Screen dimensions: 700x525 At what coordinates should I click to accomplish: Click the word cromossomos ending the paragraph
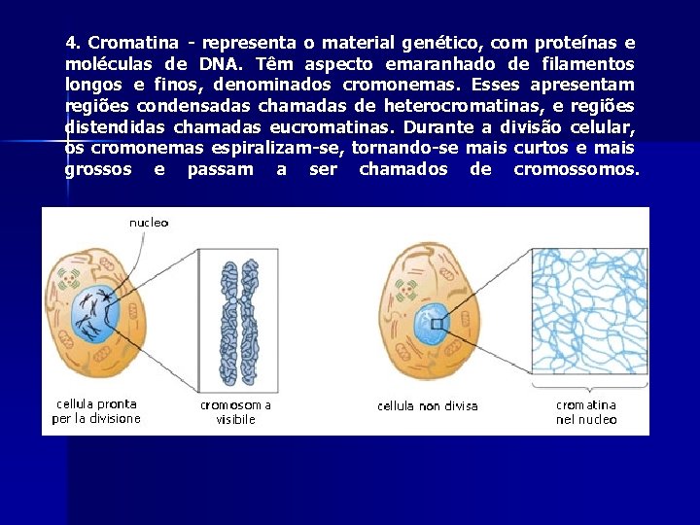577,170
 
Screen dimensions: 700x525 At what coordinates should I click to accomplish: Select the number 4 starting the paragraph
71,43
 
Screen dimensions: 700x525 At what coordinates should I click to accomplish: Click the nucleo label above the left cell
149,223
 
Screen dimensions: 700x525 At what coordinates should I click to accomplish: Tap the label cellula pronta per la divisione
96,411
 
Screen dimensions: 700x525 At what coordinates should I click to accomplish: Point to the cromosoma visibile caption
236,412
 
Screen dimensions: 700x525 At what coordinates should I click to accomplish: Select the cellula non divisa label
428,406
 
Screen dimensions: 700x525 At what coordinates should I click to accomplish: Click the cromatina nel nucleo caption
586,412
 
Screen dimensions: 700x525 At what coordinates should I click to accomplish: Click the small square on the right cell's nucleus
439,325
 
